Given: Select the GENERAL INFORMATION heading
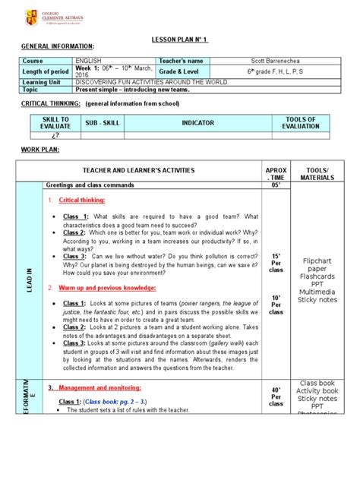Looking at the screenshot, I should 58,46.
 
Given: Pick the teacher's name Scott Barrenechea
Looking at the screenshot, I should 270,60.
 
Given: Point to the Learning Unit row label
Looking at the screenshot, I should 43,82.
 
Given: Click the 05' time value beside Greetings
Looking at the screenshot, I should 276,185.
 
